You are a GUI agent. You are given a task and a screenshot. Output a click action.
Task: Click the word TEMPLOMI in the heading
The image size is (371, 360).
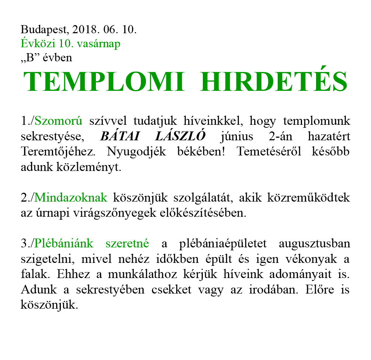(x=103, y=82)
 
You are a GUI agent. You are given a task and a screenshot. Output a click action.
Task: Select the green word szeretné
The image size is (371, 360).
(x=127, y=243)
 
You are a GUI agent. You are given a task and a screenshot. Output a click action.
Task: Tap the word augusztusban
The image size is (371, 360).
(x=314, y=243)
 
